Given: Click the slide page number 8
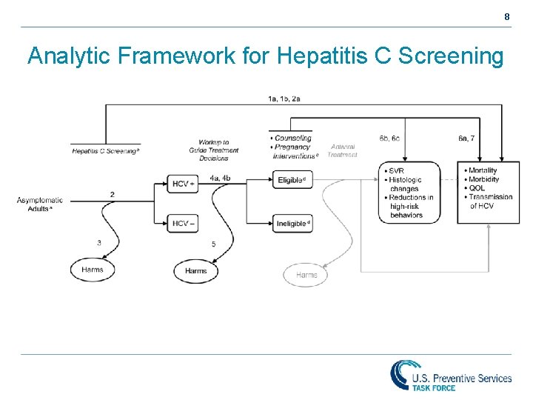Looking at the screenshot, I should [x=507, y=16].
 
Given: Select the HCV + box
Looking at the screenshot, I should [x=182, y=184].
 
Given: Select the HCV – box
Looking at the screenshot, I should [x=182, y=223].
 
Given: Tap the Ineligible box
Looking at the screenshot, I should [x=292, y=223].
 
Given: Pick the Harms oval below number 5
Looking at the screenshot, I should [x=196, y=271].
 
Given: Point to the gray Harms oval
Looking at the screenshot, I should [x=306, y=275].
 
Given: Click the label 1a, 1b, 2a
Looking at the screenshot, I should [x=284, y=99].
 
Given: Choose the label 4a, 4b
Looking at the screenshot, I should [x=220, y=178].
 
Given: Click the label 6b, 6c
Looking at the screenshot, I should [x=389, y=139].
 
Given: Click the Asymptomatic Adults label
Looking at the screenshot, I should [x=39, y=204].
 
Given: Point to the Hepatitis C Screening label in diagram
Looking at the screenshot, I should [x=104, y=150].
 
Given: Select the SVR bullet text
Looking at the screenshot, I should [x=396, y=171].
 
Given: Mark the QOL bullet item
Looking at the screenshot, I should [x=477, y=188].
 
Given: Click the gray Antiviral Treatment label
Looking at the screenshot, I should [x=342, y=150].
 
